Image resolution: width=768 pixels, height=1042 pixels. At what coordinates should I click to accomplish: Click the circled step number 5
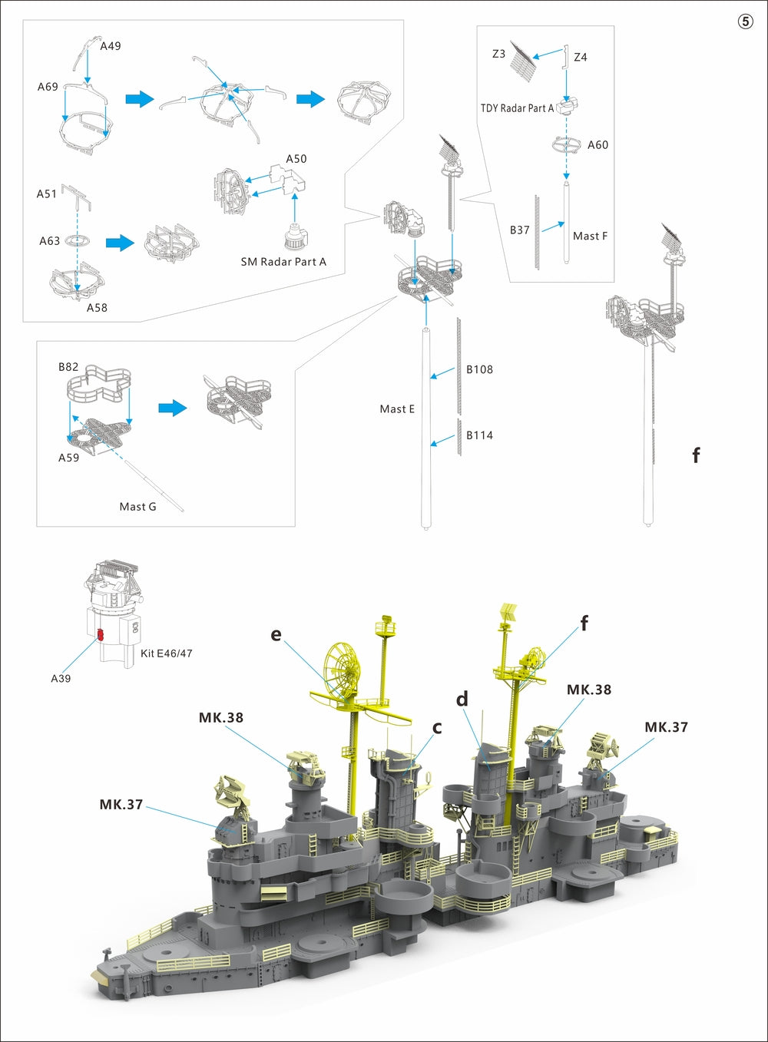point(745,22)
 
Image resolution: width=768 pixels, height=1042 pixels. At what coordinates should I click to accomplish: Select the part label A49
point(111,46)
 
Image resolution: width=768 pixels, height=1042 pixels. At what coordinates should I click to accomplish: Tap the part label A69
point(48,87)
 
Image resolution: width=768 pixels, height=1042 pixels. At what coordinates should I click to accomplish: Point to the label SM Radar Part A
point(283,262)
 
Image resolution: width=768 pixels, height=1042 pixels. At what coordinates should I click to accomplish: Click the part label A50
point(296,159)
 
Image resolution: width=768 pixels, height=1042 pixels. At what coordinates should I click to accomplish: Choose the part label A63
point(49,241)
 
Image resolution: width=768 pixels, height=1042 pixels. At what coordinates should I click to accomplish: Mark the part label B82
point(68,367)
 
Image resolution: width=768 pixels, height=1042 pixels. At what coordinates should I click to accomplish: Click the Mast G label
point(137,507)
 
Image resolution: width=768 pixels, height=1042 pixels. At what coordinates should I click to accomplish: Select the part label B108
point(479,369)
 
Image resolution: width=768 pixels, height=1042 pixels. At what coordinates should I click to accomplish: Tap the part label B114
point(479,435)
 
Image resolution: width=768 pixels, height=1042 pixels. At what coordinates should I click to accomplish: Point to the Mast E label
point(397,409)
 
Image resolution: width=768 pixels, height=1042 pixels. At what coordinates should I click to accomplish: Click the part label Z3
point(498,54)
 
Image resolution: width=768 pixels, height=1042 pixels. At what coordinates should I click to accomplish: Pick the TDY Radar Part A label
point(517,108)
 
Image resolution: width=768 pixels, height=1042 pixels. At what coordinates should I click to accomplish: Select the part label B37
point(520,230)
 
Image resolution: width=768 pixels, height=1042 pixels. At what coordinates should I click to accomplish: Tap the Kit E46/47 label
point(167,653)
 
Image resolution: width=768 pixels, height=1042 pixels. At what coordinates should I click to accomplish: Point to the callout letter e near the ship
point(276,635)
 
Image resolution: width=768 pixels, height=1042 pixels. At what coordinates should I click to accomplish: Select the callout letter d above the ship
point(462,699)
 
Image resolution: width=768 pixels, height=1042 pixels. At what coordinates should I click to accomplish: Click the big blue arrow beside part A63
point(119,243)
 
